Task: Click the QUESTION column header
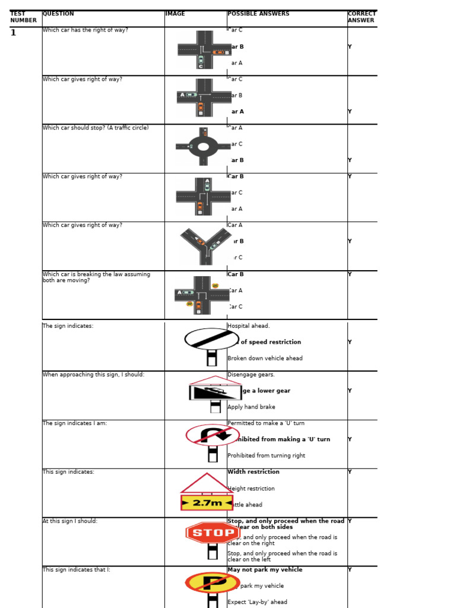[58, 14]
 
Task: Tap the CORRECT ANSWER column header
[362, 17]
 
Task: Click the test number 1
[13, 33]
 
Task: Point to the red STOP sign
[213, 533]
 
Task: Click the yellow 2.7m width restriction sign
[207, 502]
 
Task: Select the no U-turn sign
[213, 435]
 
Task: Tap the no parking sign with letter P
[213, 582]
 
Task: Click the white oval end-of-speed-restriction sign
[212, 339]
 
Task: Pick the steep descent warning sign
[215, 392]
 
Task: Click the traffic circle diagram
[203, 146]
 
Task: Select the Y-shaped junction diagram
[205, 244]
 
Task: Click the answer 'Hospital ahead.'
[248, 326]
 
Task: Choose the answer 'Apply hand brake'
[251, 407]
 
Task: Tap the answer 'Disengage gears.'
[251, 375]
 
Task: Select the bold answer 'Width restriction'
[254, 472]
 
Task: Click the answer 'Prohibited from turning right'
[266, 456]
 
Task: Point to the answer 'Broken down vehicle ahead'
[265, 359]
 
